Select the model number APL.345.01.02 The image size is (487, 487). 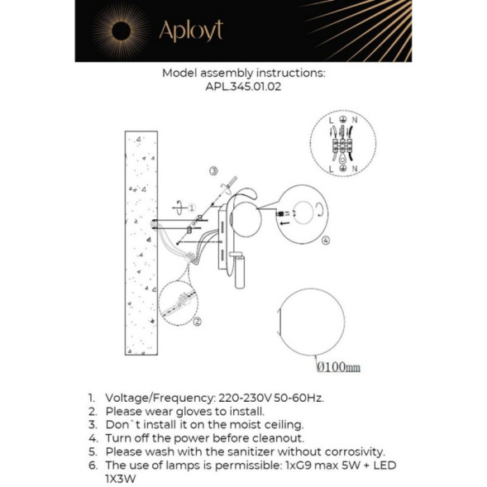click(x=243, y=86)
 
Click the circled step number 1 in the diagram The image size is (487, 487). click(x=191, y=208)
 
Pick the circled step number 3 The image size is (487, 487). click(x=213, y=171)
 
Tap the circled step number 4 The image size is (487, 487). click(x=325, y=241)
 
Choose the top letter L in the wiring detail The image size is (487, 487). click(x=330, y=122)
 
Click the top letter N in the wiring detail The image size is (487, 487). click(x=353, y=122)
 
